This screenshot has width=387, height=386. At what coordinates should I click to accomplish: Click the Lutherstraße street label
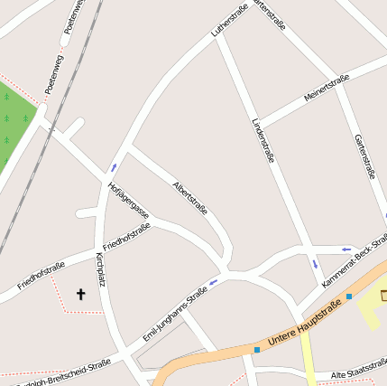tap(229, 20)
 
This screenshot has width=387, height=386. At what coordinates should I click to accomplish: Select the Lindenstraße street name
tap(263, 139)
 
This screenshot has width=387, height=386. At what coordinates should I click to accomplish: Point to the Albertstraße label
tap(189, 197)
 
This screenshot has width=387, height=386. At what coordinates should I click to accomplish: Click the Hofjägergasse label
tap(128, 201)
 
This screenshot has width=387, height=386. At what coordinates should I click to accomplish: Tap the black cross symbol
tap(79, 294)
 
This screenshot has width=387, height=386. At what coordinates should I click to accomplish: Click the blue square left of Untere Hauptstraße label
tap(257, 349)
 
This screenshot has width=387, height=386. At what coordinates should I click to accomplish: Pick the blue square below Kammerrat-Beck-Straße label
tap(349, 296)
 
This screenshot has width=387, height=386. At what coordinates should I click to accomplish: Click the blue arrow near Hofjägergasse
tap(114, 167)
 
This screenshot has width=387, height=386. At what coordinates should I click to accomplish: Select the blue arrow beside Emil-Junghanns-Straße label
tap(214, 282)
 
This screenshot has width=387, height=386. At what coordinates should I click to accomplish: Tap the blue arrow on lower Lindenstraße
tap(315, 265)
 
